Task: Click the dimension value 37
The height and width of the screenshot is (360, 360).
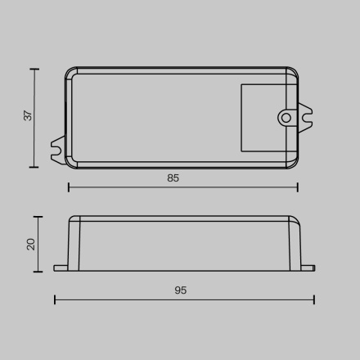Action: pyautogui.click(x=28, y=115)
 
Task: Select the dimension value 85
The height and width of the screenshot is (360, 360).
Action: pyautogui.click(x=173, y=178)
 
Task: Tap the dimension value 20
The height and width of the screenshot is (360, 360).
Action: pyautogui.click(x=31, y=243)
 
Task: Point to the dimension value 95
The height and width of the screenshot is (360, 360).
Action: pyautogui.click(x=180, y=290)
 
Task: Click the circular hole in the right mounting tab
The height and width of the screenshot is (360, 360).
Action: pyautogui.click(x=286, y=118)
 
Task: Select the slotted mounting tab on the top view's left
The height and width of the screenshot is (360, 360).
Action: pyautogui.click(x=58, y=147)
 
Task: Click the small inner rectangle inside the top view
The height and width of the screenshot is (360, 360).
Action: pyautogui.click(x=266, y=117)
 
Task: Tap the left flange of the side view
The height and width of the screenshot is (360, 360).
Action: pyautogui.click(x=61, y=267)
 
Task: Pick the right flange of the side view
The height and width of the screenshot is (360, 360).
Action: pyautogui.click(x=306, y=267)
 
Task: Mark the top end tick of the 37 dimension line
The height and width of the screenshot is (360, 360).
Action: pyautogui.click(x=34, y=70)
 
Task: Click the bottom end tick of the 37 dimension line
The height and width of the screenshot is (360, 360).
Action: pyautogui.click(x=34, y=167)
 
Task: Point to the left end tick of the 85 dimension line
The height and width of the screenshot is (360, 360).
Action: pyautogui.click(x=68, y=187)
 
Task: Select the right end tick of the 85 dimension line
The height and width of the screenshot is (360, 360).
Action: pyautogui.click(x=298, y=187)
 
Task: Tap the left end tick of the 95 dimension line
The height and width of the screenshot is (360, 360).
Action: pyautogui.click(x=55, y=299)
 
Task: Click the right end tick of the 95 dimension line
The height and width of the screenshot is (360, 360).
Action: pyautogui.click(x=314, y=299)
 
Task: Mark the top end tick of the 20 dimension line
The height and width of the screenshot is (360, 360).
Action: pyautogui.click(x=38, y=217)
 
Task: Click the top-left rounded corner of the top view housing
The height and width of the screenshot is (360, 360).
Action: pyautogui.click(x=69, y=71)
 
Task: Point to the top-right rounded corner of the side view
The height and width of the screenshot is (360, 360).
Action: pyautogui.click(x=295, y=219)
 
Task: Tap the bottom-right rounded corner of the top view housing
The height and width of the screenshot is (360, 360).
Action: pyautogui.click(x=295, y=165)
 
